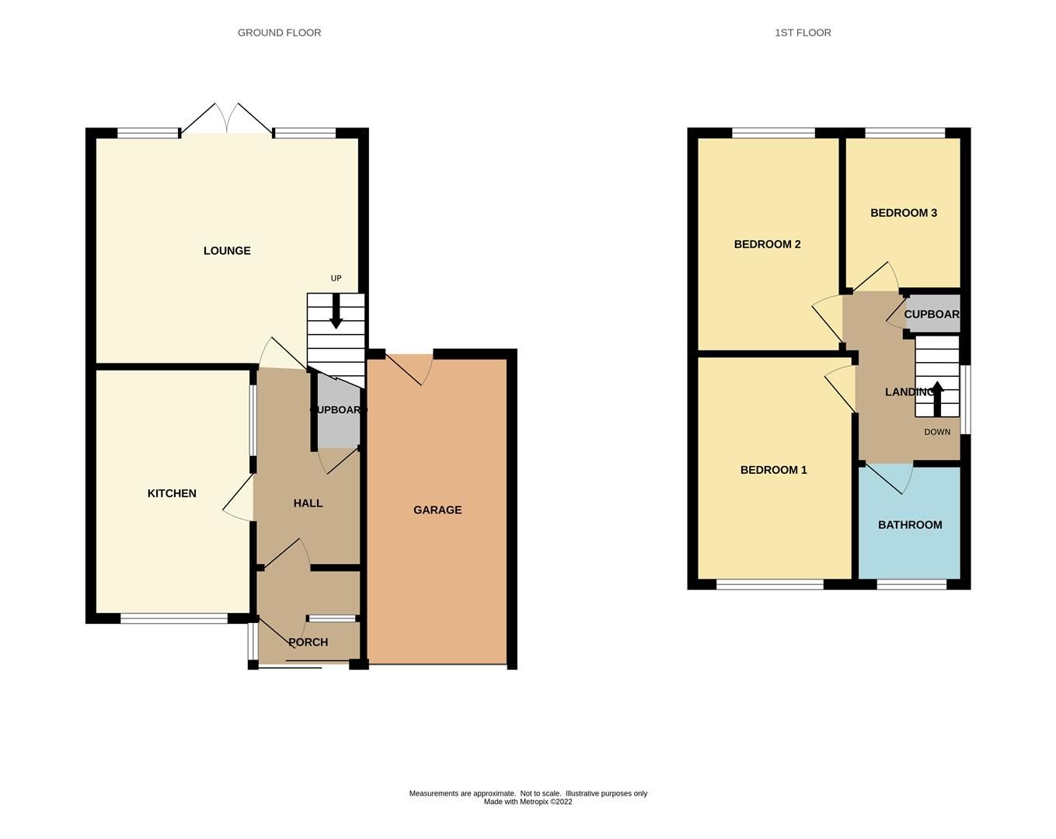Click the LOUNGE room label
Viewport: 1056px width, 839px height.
(x=227, y=251)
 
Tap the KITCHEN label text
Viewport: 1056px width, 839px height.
(x=172, y=493)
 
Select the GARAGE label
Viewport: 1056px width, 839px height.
(x=437, y=510)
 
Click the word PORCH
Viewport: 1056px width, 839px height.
(x=308, y=642)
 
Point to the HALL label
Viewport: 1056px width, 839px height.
(x=308, y=503)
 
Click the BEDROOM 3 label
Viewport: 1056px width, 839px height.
(x=903, y=213)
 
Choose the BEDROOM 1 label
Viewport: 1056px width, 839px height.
(x=773, y=470)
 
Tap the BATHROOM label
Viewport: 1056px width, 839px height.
(x=910, y=525)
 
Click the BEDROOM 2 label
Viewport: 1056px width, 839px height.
(x=767, y=244)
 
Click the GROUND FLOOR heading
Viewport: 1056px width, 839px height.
(x=279, y=33)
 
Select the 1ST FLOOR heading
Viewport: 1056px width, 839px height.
(x=803, y=33)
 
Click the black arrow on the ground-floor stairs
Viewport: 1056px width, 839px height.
(x=336, y=311)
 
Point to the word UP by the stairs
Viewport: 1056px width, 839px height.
(x=336, y=278)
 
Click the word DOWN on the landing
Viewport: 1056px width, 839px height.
(x=937, y=432)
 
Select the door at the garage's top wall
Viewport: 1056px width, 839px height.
(x=410, y=367)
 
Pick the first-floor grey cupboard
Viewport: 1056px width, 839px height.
(x=932, y=315)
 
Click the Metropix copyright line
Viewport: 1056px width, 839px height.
(x=528, y=802)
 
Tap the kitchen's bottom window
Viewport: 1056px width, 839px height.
(x=174, y=618)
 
